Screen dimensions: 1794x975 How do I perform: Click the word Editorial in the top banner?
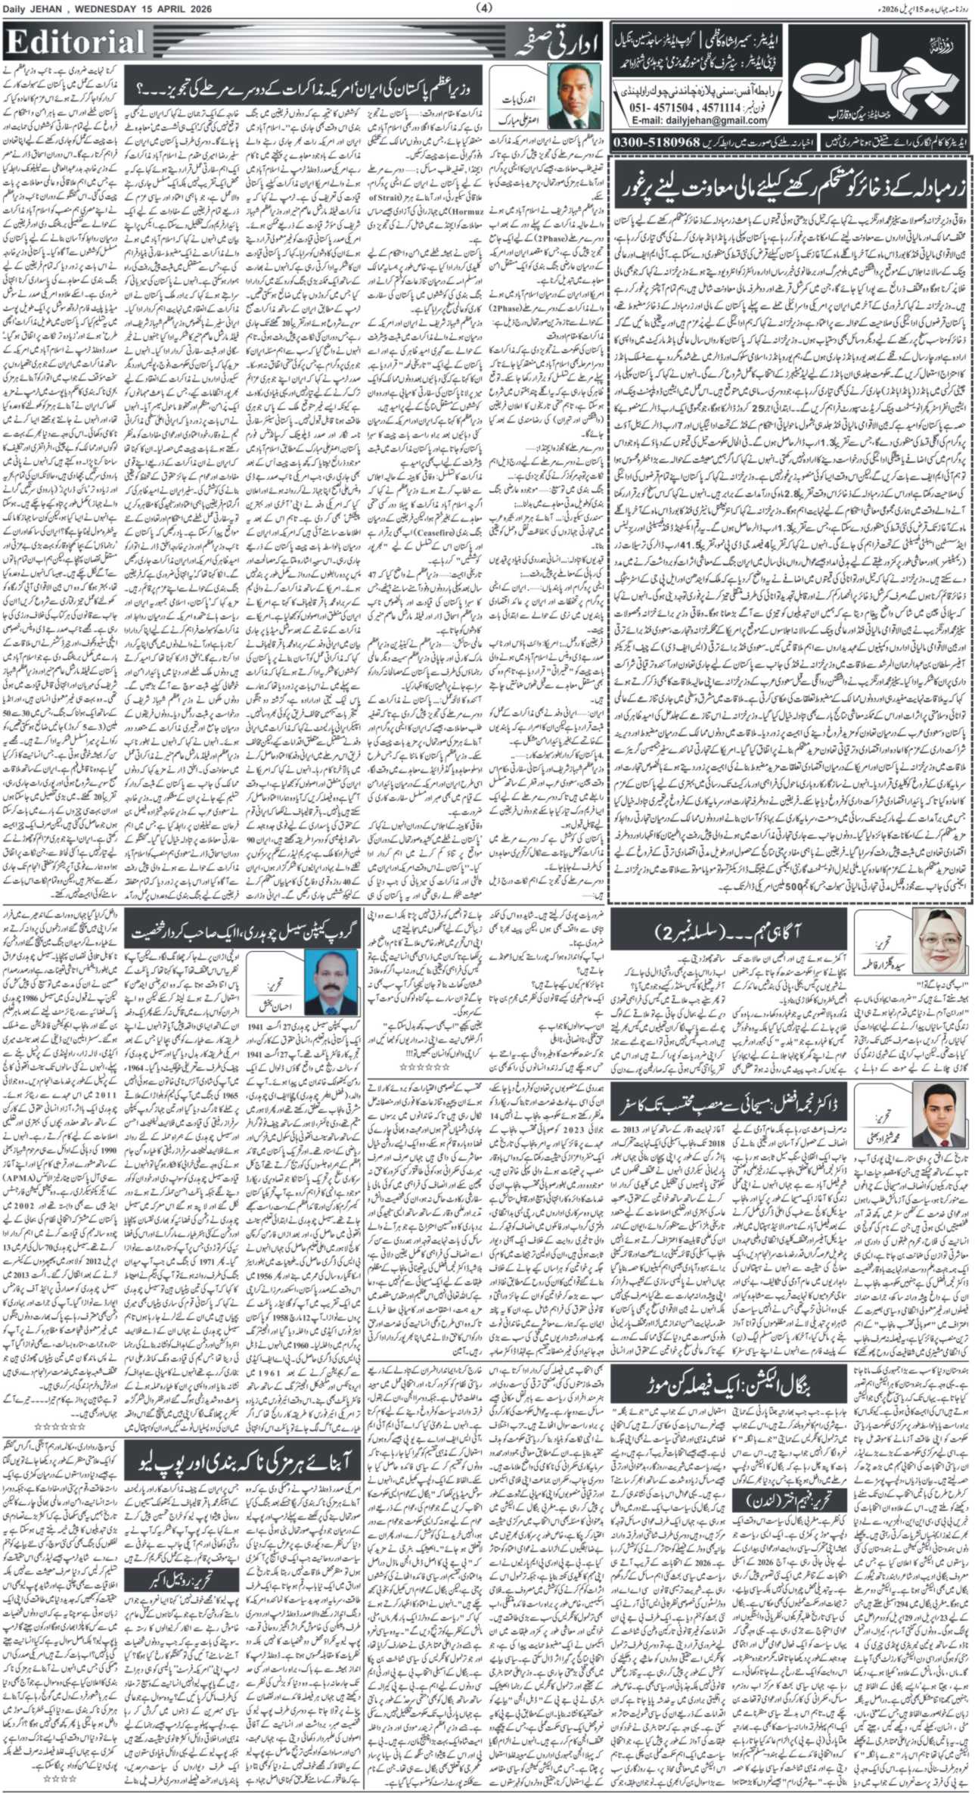(76, 42)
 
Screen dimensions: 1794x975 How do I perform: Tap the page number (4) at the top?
(485, 8)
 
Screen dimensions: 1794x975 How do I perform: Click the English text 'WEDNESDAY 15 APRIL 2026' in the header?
(151, 8)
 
